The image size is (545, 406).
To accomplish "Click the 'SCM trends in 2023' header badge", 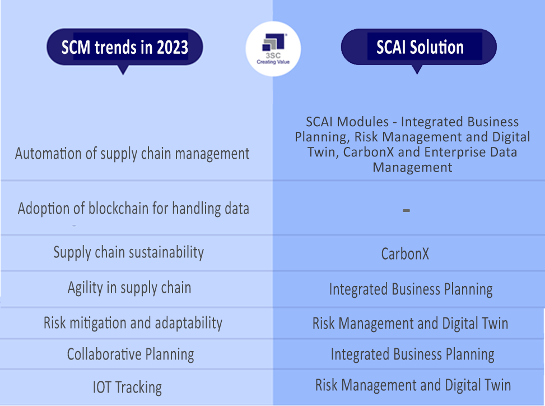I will [124, 47].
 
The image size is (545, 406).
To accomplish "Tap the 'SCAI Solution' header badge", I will [419, 47].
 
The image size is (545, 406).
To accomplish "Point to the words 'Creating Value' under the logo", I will [273, 62].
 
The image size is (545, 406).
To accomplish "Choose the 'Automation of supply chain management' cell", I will [132, 154].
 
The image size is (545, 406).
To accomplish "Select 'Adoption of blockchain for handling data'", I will [133, 209].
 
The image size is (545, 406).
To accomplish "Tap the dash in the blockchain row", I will [406, 210].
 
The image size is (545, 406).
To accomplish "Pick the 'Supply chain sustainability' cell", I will [129, 252].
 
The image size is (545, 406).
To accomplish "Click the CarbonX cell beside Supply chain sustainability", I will [405, 254].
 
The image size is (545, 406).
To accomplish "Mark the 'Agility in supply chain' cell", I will [129, 288].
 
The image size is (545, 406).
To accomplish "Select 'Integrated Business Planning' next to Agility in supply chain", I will [411, 289].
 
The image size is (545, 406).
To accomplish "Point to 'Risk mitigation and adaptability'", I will [133, 323].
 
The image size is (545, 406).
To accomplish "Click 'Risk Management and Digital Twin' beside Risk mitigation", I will [410, 324].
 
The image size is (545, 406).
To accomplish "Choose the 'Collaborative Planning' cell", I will [131, 354].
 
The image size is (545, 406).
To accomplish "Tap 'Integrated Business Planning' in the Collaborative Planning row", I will [412, 354].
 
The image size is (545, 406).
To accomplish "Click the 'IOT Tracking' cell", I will [127, 387].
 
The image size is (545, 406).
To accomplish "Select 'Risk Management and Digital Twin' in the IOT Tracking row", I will [413, 385].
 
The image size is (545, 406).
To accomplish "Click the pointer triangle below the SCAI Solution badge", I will [416, 70].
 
